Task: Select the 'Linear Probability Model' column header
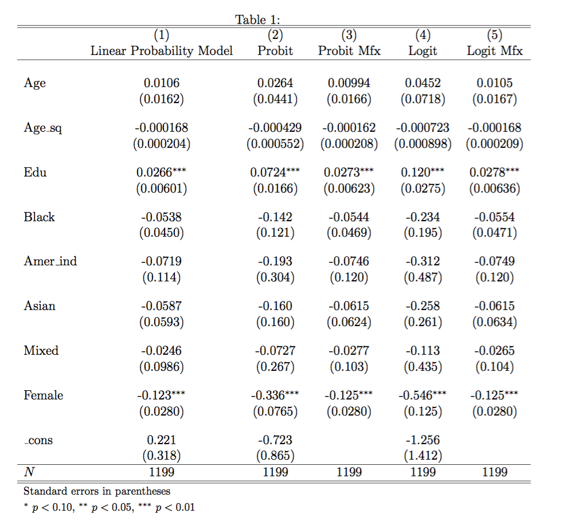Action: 162,51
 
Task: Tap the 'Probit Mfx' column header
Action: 349,51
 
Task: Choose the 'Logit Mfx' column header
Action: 495,51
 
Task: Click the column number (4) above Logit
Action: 422,36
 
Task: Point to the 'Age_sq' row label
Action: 43,128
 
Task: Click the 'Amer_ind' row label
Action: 50,261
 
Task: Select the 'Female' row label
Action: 43,395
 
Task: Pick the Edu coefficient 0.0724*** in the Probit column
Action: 275,173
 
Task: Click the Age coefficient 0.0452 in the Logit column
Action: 422,83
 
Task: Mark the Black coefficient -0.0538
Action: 162,217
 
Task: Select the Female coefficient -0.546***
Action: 422,395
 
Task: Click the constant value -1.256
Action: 422,440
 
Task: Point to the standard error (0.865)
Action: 275,456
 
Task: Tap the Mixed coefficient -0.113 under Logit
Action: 422,351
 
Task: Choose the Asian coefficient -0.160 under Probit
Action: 275,306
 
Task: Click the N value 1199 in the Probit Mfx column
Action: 349,472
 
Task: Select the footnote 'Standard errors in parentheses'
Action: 97,491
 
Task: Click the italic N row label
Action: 28,472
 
